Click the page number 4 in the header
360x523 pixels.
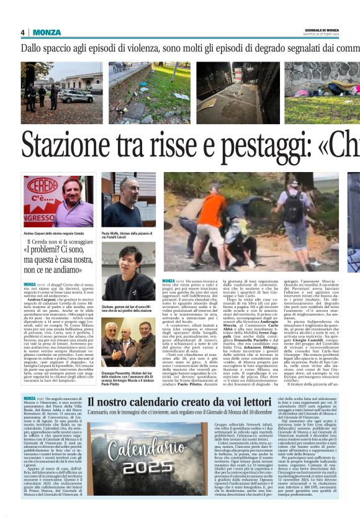[x=22, y=32]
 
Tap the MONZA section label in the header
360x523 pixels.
[x=47, y=32]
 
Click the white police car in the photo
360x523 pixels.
[x=76, y=97]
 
